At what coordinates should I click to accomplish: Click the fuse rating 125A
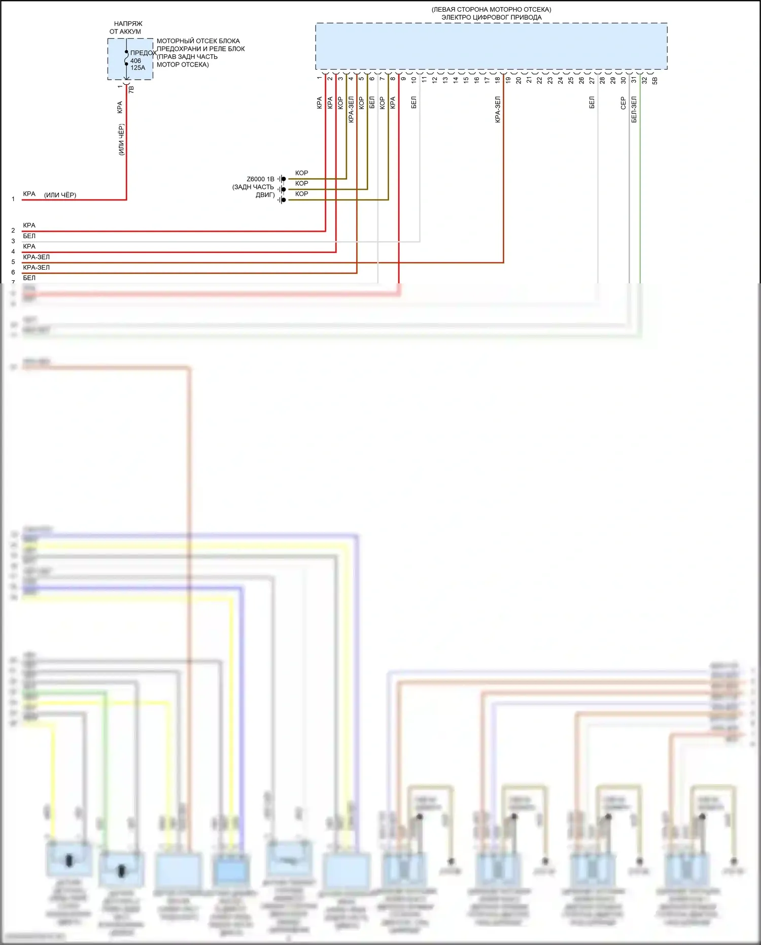[x=137, y=68]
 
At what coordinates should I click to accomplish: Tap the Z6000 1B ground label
[x=260, y=179]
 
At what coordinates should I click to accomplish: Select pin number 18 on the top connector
[x=498, y=79]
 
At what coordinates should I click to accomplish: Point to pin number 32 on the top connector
[x=644, y=80]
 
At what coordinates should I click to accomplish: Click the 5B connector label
[x=655, y=80]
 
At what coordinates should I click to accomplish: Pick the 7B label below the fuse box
[x=131, y=89]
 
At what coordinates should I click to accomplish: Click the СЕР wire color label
[x=623, y=103]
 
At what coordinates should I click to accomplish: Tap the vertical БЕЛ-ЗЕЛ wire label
[x=634, y=110]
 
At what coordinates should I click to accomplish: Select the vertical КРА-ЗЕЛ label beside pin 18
[x=498, y=110]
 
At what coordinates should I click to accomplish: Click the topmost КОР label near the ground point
[x=301, y=173]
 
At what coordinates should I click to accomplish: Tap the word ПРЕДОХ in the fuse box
[x=143, y=53]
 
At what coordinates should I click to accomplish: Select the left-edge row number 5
[x=13, y=262]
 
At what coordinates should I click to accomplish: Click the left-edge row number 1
[x=13, y=199]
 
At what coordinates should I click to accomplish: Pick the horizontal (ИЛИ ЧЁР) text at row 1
[x=60, y=195]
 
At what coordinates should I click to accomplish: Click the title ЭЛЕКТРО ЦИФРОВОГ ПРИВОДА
[x=491, y=17]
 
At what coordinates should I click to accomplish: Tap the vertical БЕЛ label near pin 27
[x=592, y=103]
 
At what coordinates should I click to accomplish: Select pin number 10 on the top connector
[x=413, y=80]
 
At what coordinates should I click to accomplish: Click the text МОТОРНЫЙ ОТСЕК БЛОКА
[x=198, y=41]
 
